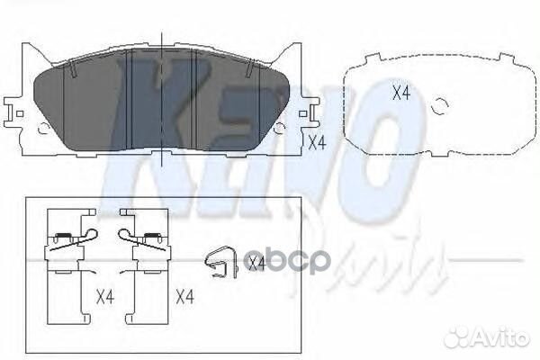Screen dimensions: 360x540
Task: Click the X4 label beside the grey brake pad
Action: tap(315, 141)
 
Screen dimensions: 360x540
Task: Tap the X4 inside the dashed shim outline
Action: tap(400, 92)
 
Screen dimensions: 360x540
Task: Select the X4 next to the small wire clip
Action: tap(256, 263)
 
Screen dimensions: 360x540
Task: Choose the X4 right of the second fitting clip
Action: tap(185, 297)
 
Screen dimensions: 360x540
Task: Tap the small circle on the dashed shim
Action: tap(440, 106)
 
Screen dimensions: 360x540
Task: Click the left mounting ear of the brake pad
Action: tap(16, 114)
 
